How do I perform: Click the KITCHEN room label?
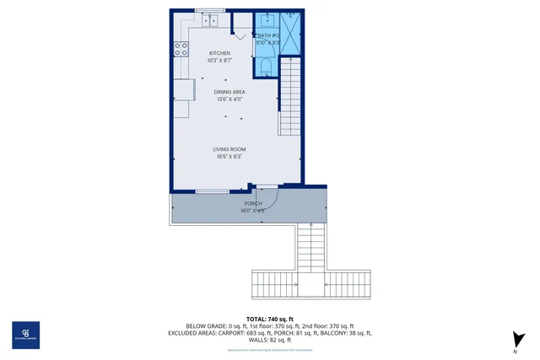point(219,53)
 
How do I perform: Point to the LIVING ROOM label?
point(229,148)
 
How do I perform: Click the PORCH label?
point(252,203)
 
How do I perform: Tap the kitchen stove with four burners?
point(180,48)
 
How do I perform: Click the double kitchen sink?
point(208,19)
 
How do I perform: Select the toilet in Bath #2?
point(267,67)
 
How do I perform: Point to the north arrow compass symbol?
point(514,339)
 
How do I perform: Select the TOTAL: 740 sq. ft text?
point(269,320)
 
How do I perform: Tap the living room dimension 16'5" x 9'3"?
point(229,156)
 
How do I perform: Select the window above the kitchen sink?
point(208,10)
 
